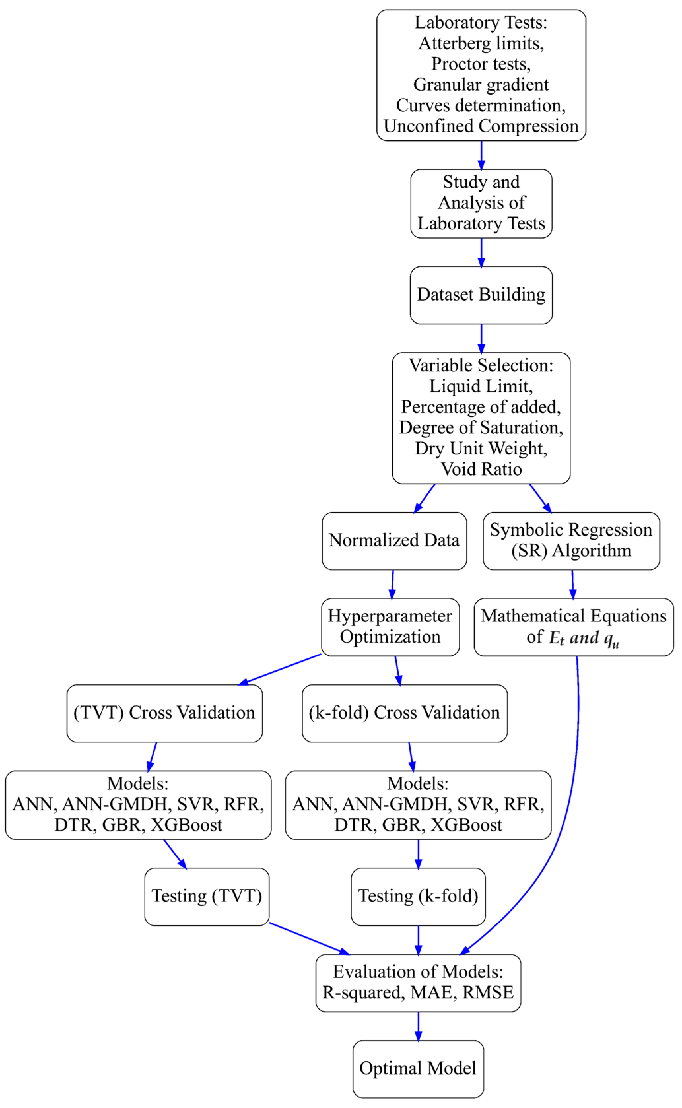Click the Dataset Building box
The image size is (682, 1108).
pyautogui.click(x=481, y=295)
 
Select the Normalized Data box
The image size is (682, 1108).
pyautogui.click(x=394, y=540)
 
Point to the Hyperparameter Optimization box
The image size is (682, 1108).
pyautogui.click(x=390, y=626)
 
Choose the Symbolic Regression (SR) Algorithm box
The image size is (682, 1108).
pyautogui.click(x=571, y=540)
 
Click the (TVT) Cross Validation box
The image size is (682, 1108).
pyautogui.click(x=164, y=713)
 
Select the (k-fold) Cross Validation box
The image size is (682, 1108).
pyautogui.click(x=404, y=713)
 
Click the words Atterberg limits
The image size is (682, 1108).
pyautogui.click(x=481, y=43)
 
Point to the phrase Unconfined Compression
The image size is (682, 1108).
pyautogui.click(x=481, y=126)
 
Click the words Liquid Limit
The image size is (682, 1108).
pyautogui.click(x=481, y=386)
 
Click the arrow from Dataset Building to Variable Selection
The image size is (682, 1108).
pyautogui.click(x=481, y=338)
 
